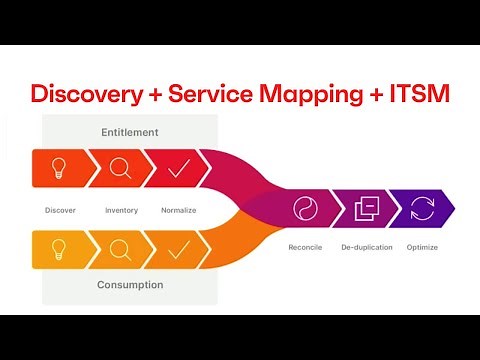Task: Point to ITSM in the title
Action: pyautogui.click(x=421, y=95)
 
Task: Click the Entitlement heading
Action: pyautogui.click(x=129, y=132)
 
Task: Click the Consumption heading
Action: pyautogui.click(x=129, y=285)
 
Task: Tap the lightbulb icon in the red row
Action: pyautogui.click(x=60, y=168)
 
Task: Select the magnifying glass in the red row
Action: pyautogui.click(x=120, y=168)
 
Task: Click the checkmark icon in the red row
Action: pyautogui.click(x=178, y=168)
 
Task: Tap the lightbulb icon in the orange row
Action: pyautogui.click(x=60, y=249)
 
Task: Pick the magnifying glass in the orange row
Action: pyautogui.click(x=120, y=249)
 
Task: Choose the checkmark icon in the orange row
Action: pyautogui.click(x=178, y=249)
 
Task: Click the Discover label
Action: pyautogui.click(x=60, y=210)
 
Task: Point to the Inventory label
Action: pyautogui.click(x=121, y=210)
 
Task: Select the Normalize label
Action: pyautogui.click(x=178, y=210)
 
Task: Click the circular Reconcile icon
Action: pyautogui.click(x=305, y=209)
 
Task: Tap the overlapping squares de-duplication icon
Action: pyautogui.click(x=366, y=209)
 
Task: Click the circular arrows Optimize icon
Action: pyautogui.click(x=422, y=209)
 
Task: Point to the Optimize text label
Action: pyautogui.click(x=422, y=246)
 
